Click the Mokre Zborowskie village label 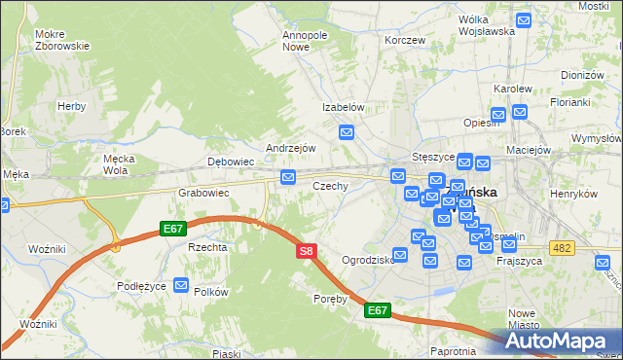tap(61, 39)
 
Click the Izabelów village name tap(344, 108)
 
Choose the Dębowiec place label tap(231, 162)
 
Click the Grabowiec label tap(202, 193)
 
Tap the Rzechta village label tap(207, 247)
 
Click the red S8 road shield tap(306, 251)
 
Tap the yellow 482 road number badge tap(560, 250)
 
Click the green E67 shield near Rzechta tap(173, 229)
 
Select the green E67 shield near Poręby tap(378, 310)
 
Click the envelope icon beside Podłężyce tap(181, 285)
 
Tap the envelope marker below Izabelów tap(346, 131)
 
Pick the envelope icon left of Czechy tap(288, 176)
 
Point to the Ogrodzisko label tap(368, 260)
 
